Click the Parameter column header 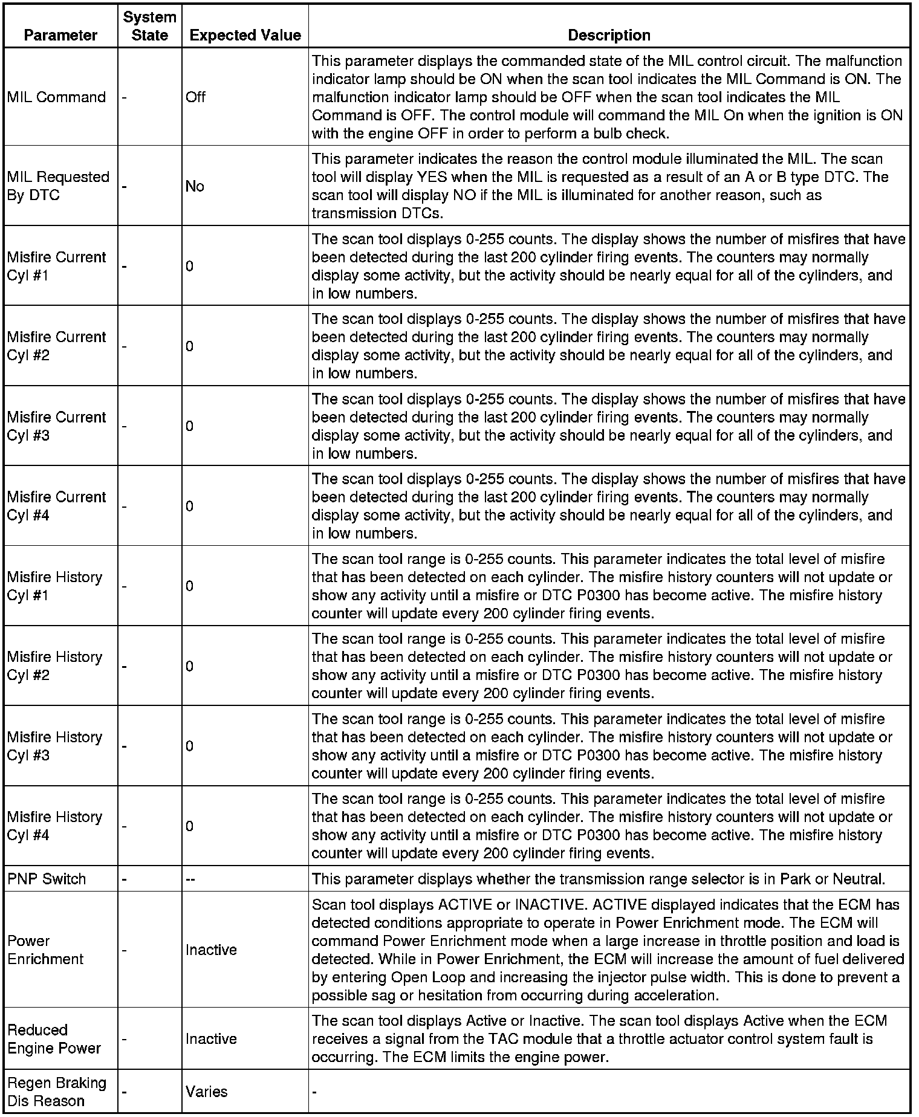60,35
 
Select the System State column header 149,26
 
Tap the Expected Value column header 245,35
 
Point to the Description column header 609,35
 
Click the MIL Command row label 56,97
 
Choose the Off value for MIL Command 195,97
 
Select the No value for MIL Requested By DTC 195,186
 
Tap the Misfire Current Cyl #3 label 56,426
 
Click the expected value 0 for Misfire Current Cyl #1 190,266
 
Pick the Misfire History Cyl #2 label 54,666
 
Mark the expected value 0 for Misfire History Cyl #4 190,826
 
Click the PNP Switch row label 47,879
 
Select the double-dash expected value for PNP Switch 190,879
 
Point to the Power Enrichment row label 45,950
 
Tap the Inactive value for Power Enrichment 211,950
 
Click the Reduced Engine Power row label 54,1039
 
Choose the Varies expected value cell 206,1092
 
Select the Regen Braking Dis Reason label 56,1092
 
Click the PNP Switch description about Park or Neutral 599,879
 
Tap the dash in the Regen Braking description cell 314,1092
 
